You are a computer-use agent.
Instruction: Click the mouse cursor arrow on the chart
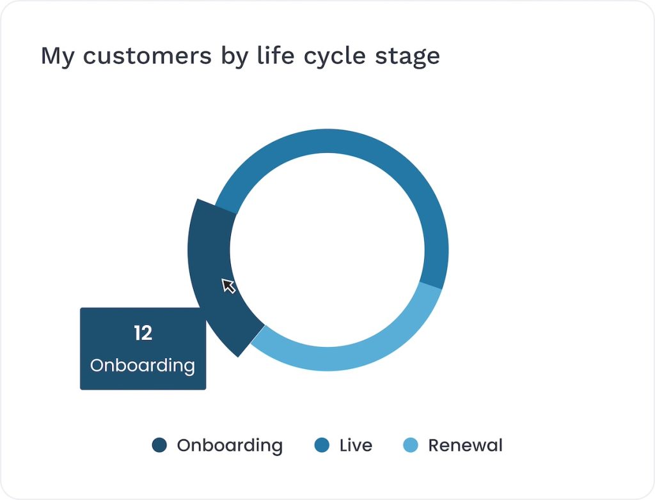(228, 286)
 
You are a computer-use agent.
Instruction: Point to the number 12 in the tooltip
(143, 333)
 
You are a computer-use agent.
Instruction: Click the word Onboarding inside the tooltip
(143, 366)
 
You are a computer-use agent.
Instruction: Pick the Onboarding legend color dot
(159, 445)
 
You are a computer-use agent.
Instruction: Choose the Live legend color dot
(322, 445)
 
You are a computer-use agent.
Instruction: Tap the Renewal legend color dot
(411, 445)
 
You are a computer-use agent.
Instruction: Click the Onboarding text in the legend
(230, 446)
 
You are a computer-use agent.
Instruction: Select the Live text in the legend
(356, 445)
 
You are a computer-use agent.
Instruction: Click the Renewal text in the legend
(466, 445)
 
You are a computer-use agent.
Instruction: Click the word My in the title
(58, 57)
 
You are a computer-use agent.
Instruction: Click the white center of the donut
(327, 250)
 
